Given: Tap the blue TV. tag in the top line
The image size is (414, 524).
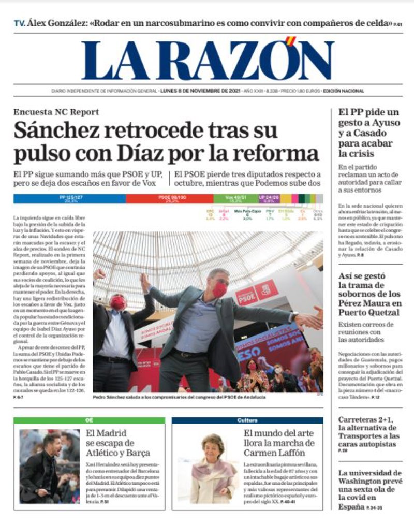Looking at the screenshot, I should [x=20, y=23].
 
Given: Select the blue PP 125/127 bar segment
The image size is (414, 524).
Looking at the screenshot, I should [x=69, y=198].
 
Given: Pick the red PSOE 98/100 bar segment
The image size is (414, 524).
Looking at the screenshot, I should [x=169, y=198].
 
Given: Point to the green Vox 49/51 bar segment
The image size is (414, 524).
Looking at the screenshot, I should [x=235, y=198].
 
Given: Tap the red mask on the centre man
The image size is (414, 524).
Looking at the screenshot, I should [x=219, y=290].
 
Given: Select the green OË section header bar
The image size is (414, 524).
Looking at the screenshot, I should [x=89, y=420].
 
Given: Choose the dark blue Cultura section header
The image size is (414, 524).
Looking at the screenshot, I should [x=247, y=420].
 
